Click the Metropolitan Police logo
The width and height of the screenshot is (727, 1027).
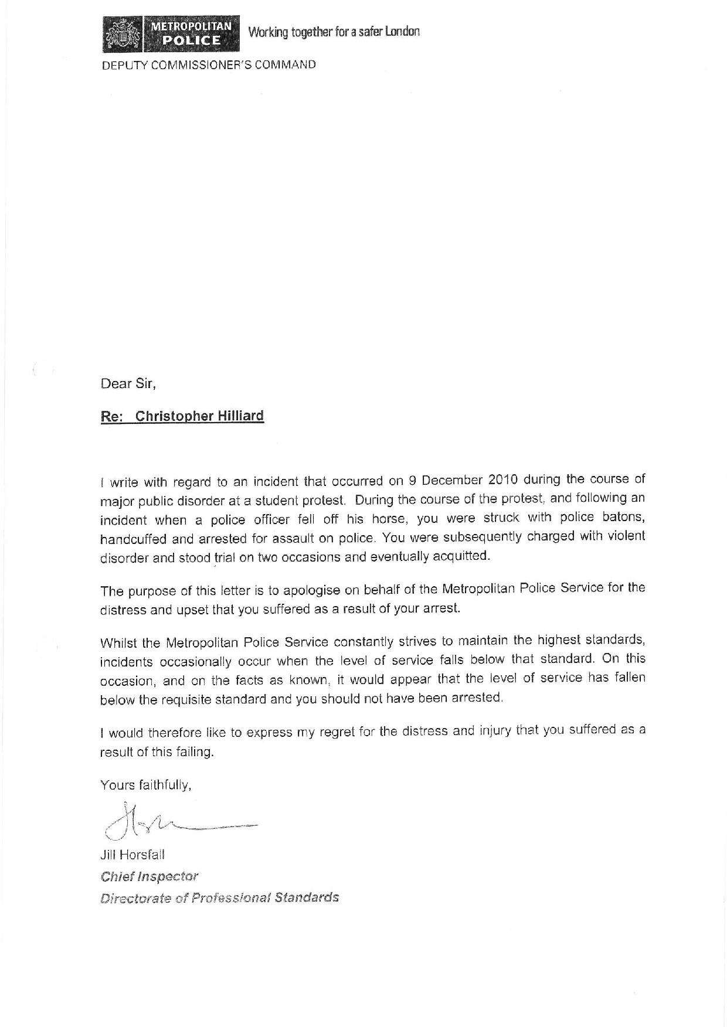[171, 34]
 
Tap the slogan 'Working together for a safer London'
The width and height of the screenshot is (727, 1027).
[334, 32]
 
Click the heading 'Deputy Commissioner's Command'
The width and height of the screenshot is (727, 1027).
[209, 65]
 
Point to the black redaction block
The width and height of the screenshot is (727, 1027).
[373, 212]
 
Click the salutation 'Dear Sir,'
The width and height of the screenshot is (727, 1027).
[128, 384]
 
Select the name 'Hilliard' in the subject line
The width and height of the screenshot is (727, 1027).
[241, 416]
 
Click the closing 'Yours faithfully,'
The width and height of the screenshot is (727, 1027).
[146, 785]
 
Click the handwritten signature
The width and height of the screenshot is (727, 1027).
[176, 821]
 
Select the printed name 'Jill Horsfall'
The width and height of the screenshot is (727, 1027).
[133, 855]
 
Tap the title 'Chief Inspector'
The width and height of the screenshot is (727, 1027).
[150, 876]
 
